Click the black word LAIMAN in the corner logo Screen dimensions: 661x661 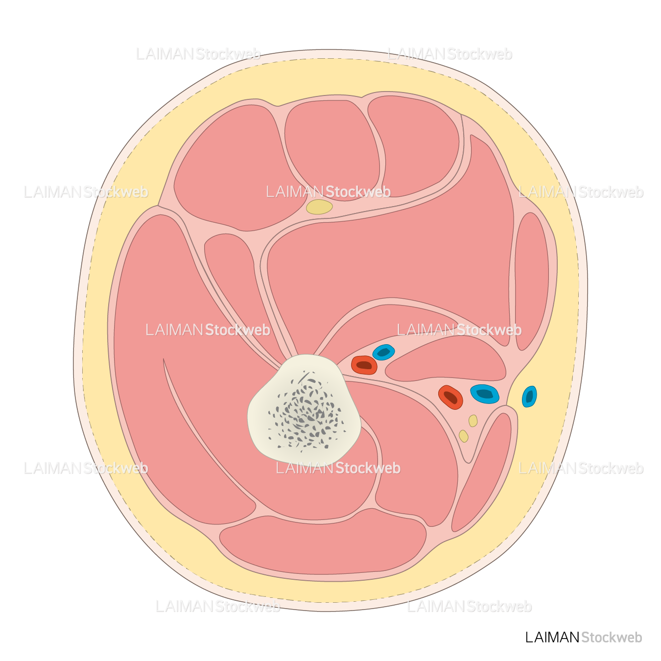[x=552, y=637]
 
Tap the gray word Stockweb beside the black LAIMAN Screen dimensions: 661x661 [x=611, y=637]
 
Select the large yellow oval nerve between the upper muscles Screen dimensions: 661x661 [x=319, y=207]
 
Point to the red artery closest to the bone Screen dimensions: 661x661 [x=364, y=365]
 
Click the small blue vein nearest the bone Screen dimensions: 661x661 [x=383, y=352]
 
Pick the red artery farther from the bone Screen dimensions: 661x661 [x=450, y=397]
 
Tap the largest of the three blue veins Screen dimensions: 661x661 [x=485, y=394]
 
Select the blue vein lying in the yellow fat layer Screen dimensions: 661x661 [x=529, y=397]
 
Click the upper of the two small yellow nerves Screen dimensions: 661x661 [x=473, y=421]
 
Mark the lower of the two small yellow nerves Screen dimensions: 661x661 [x=463, y=436]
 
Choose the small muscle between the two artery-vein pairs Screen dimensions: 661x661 [x=446, y=360]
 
